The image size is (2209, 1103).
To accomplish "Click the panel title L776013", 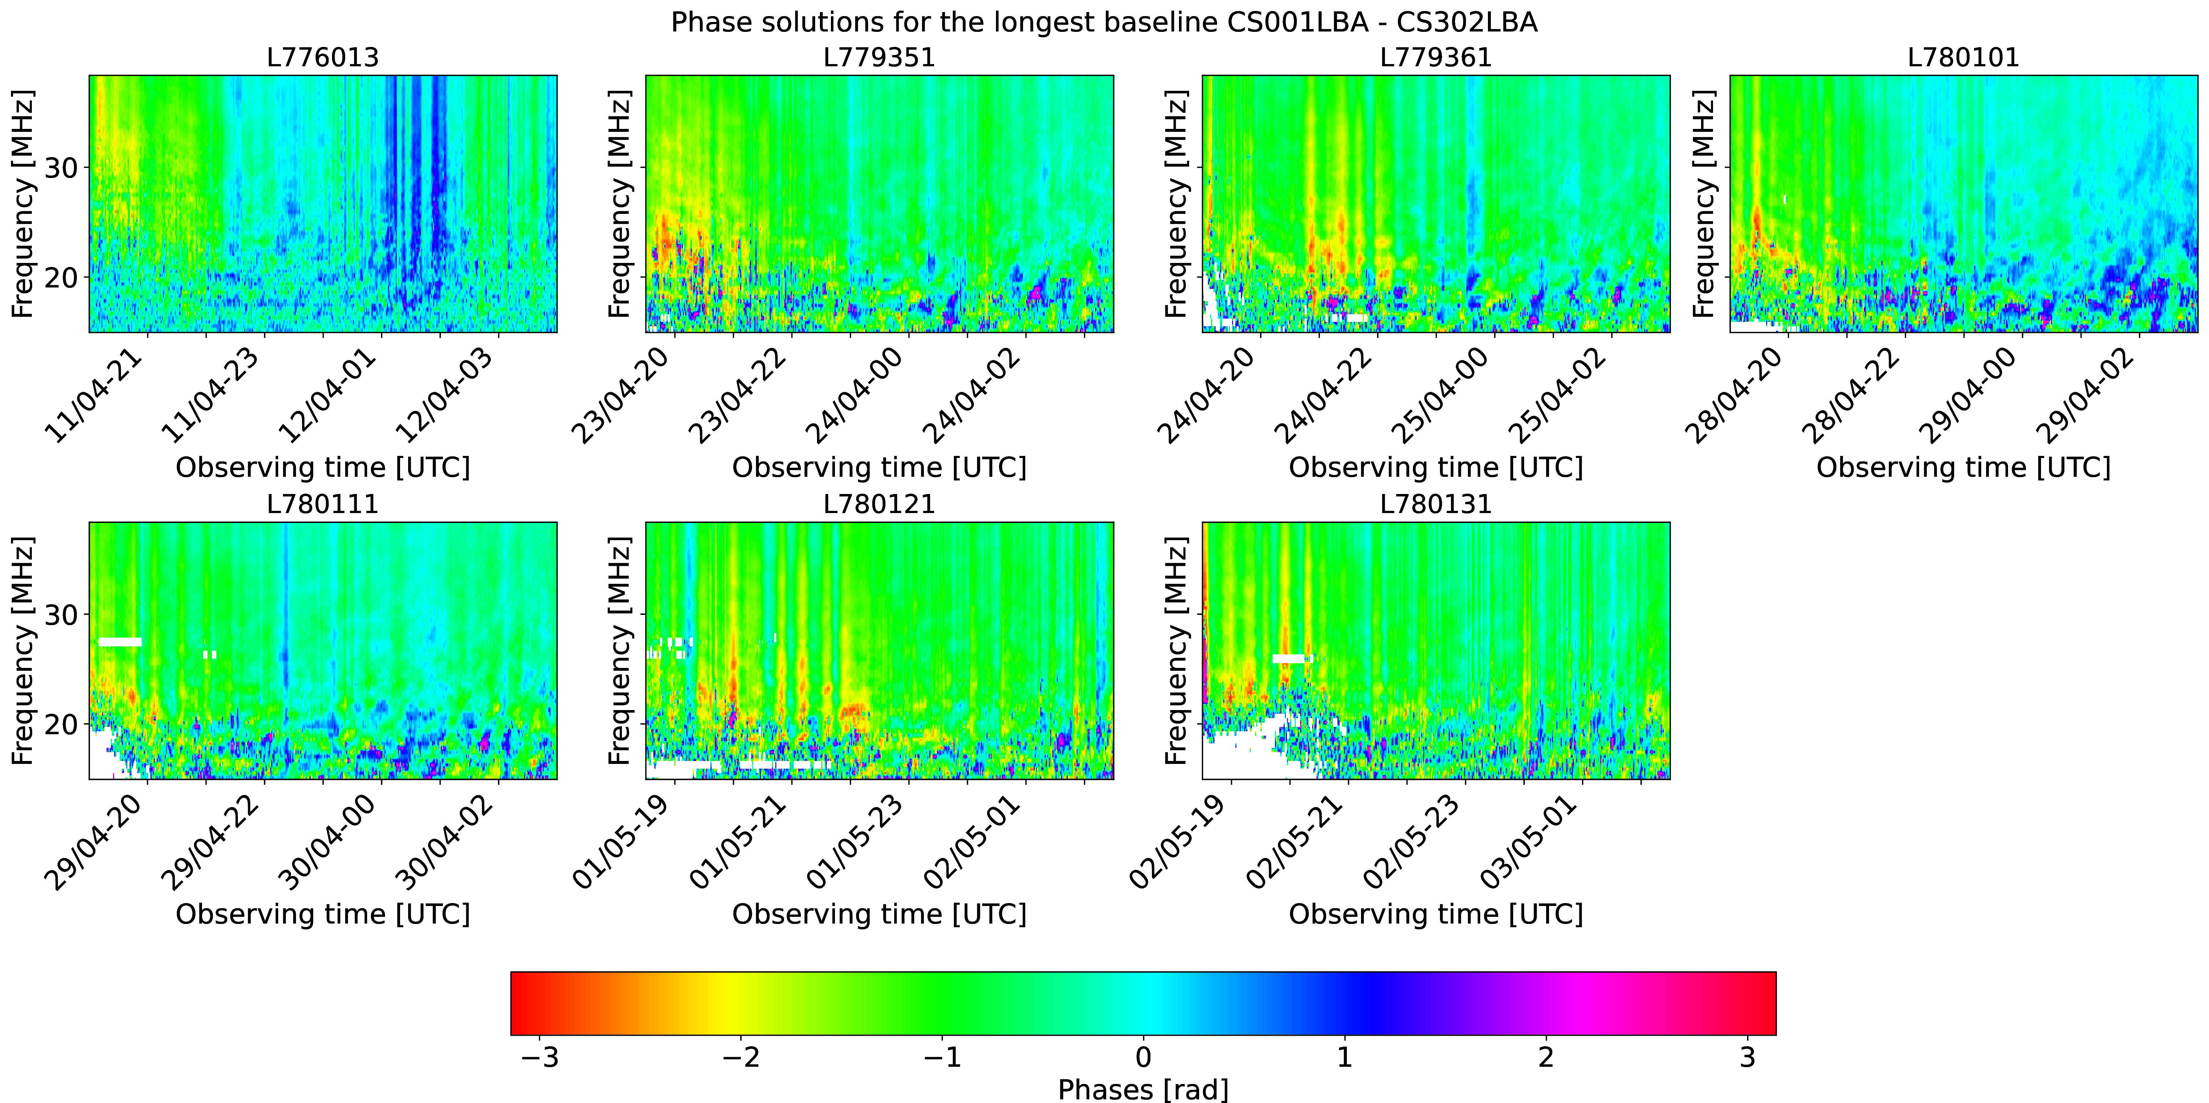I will [322, 57].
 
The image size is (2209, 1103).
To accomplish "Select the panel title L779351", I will [879, 57].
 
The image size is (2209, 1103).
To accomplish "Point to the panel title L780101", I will [1964, 57].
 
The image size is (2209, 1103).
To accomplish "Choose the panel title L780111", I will [322, 504].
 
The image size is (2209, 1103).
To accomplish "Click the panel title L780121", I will [879, 504].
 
